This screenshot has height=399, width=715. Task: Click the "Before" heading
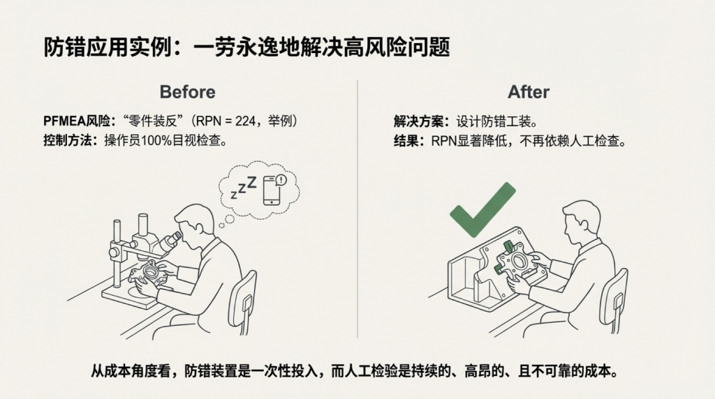[x=187, y=92]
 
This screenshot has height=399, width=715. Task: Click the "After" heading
[x=529, y=92]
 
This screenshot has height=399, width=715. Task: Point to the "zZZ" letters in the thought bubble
[x=244, y=187]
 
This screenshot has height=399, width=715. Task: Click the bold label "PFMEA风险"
[x=77, y=121]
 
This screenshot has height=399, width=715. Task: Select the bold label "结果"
[x=406, y=141]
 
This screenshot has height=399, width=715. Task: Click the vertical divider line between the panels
[x=357, y=209]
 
